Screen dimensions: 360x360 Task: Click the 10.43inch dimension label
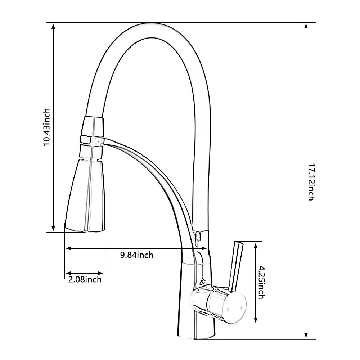46,127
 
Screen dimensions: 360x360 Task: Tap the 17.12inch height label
311,182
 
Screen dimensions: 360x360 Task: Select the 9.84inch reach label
137,255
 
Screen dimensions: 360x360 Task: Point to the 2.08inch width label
85,279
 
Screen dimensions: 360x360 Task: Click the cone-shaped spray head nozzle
85,195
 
